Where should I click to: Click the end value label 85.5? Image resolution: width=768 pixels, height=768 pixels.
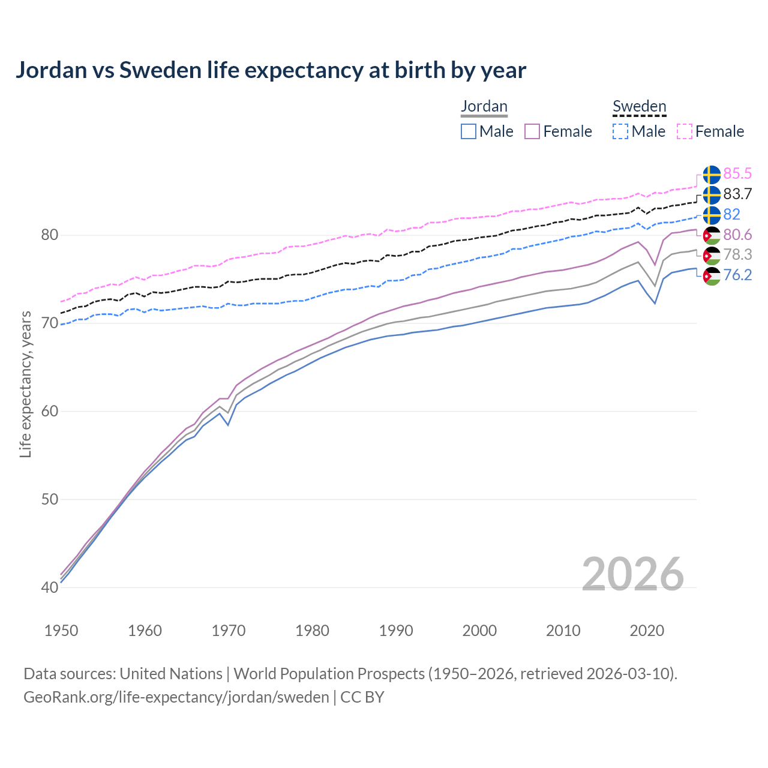737,174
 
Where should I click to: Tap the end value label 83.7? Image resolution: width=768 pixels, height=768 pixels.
737,194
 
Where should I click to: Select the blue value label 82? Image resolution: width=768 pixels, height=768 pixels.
731,215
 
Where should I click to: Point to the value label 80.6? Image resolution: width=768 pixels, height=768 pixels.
737,235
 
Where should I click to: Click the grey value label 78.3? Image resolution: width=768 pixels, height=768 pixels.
737,255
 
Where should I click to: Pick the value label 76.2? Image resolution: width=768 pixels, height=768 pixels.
737,275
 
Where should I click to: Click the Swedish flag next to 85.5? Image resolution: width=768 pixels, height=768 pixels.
712,175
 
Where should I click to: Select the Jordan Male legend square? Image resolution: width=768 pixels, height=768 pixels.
469,131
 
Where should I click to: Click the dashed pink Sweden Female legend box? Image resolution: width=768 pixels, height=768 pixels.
685,131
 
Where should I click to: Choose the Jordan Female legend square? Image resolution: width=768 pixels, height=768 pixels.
532,131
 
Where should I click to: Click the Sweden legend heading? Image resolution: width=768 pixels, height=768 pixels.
639,107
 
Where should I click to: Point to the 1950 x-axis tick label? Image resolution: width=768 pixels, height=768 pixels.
61,631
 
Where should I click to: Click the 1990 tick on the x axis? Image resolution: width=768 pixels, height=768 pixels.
396,631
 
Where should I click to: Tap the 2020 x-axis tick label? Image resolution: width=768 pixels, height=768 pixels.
647,631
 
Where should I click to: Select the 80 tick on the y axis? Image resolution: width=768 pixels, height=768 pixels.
50,235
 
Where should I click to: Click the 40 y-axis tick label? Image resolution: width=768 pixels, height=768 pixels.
50,587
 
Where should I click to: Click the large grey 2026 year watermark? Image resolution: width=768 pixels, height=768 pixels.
632,575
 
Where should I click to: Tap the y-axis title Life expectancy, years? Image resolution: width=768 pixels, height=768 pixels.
26,384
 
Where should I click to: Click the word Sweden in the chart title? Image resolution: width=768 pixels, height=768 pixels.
160,70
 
